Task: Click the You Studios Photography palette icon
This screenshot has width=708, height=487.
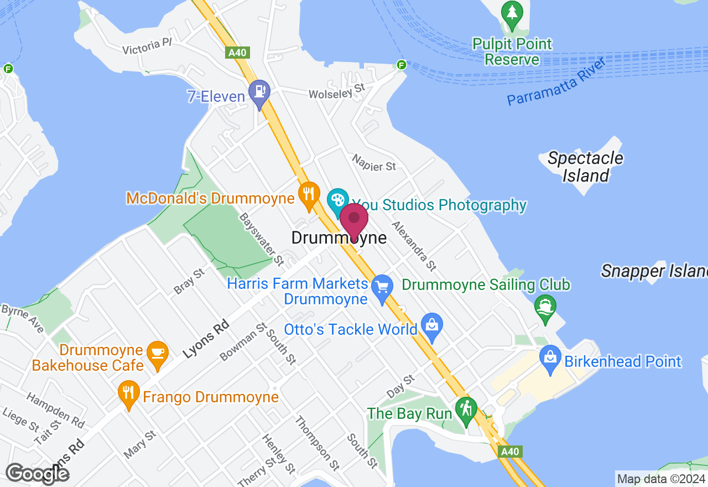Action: click(x=337, y=200)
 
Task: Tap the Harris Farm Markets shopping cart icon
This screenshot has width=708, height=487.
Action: click(x=382, y=287)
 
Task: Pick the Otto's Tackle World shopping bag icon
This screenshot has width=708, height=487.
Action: click(x=432, y=325)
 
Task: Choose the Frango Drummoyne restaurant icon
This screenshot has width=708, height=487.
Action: click(x=128, y=393)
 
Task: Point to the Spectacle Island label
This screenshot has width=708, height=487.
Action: click(x=585, y=167)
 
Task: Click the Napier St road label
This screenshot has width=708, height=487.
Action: click(x=374, y=162)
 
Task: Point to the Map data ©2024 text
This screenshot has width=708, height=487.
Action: click(x=660, y=479)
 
